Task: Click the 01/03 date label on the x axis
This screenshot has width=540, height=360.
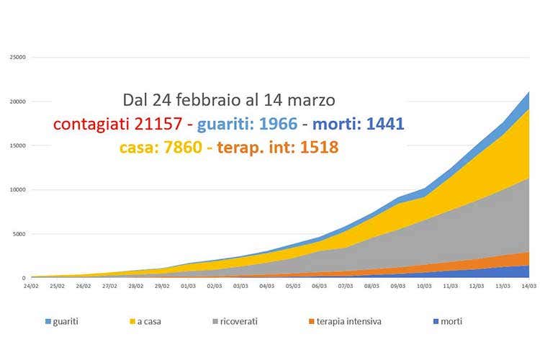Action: pyautogui.click(x=189, y=286)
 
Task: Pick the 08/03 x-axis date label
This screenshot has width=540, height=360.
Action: pyautogui.click(x=372, y=286)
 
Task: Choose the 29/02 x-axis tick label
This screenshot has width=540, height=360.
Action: pyautogui.click(x=163, y=286)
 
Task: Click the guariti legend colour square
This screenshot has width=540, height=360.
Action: pyautogui.click(x=48, y=321)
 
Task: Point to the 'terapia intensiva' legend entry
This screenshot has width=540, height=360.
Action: pyautogui.click(x=346, y=321)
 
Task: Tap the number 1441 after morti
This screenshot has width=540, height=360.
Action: pyautogui.click(x=384, y=125)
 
